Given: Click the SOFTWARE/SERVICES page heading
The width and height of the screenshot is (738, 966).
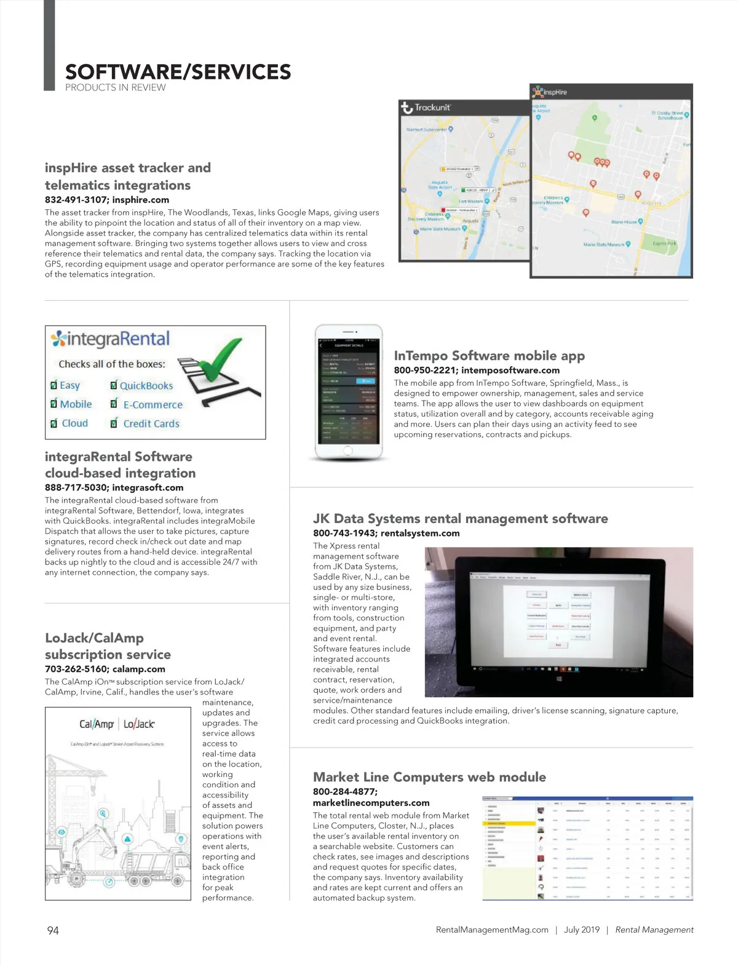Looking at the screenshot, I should coord(178,72).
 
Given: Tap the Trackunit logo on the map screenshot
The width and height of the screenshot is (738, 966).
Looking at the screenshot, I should coord(426,108).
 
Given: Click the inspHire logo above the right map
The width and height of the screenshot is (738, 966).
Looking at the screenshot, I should coord(550,92).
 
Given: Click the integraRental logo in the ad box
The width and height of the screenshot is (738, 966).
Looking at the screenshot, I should coord(111,339).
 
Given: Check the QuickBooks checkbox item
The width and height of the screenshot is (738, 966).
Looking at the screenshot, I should coord(114,386).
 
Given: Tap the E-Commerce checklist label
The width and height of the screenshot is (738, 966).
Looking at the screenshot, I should coord(153,405).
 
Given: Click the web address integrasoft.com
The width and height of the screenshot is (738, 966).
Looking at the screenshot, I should coord(148,487).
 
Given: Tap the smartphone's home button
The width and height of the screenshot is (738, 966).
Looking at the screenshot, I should coord(348,450).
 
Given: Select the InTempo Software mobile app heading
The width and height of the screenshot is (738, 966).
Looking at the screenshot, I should coord(489,356).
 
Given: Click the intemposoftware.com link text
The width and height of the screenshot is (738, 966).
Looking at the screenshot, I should coord(510,370).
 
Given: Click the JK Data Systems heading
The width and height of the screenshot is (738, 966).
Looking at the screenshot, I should coord(460,519).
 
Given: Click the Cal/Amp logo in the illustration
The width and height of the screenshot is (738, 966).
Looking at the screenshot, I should coord(97,724).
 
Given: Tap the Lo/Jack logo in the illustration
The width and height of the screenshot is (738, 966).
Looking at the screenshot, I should coord(139,724).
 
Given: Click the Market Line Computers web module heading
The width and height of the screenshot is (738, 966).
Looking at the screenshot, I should coord(429,777).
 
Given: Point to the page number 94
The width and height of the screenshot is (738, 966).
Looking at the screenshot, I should coord(53,930).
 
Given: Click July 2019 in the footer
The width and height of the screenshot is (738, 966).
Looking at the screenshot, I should coord(581,930).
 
